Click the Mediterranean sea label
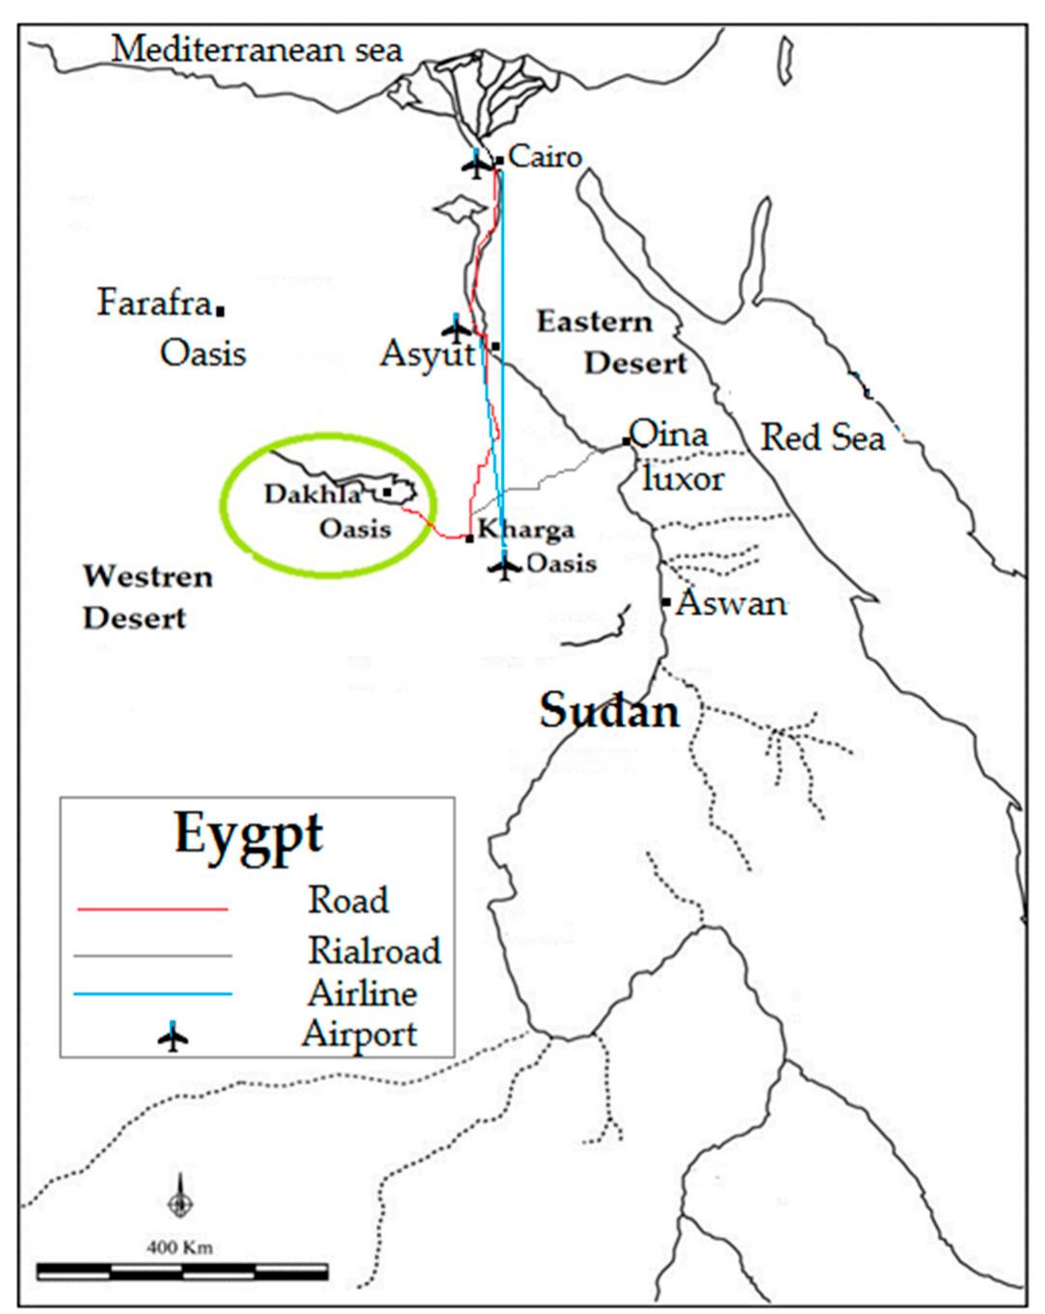pos(256,49)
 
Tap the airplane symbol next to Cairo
pos(476,166)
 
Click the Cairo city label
pos(545,156)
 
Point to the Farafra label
pos(154,303)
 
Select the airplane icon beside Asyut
pos(454,328)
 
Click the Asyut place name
pos(428,355)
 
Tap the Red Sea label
pos(822,438)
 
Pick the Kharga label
pos(526,530)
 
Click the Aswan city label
pos(732,604)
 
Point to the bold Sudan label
pos(609,712)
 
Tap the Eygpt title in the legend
pos(248,833)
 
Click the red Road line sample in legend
pos(152,908)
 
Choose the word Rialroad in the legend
pos(374,951)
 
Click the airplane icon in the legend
pos(173,1038)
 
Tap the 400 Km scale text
pos(179,1248)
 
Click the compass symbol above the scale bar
pos(179,1201)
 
